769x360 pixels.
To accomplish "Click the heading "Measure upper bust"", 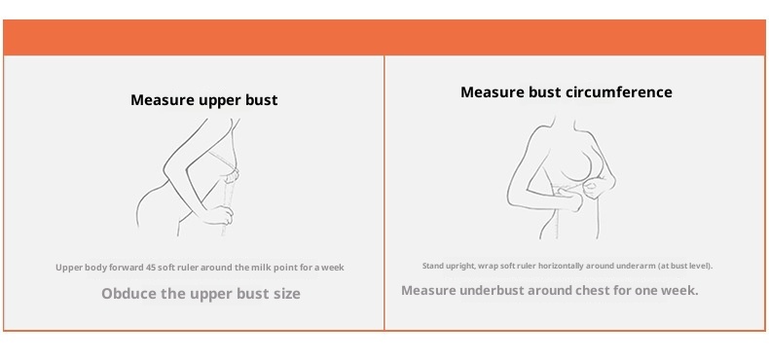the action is (x=204, y=100).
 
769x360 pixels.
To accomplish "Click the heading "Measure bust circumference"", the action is (x=567, y=92).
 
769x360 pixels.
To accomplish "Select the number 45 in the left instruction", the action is (x=151, y=268).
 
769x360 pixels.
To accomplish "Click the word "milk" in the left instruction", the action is (x=261, y=268).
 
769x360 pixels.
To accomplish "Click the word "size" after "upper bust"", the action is (x=288, y=293).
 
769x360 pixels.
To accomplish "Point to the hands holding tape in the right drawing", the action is (x=584, y=193).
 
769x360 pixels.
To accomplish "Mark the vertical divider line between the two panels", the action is (x=384, y=193).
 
